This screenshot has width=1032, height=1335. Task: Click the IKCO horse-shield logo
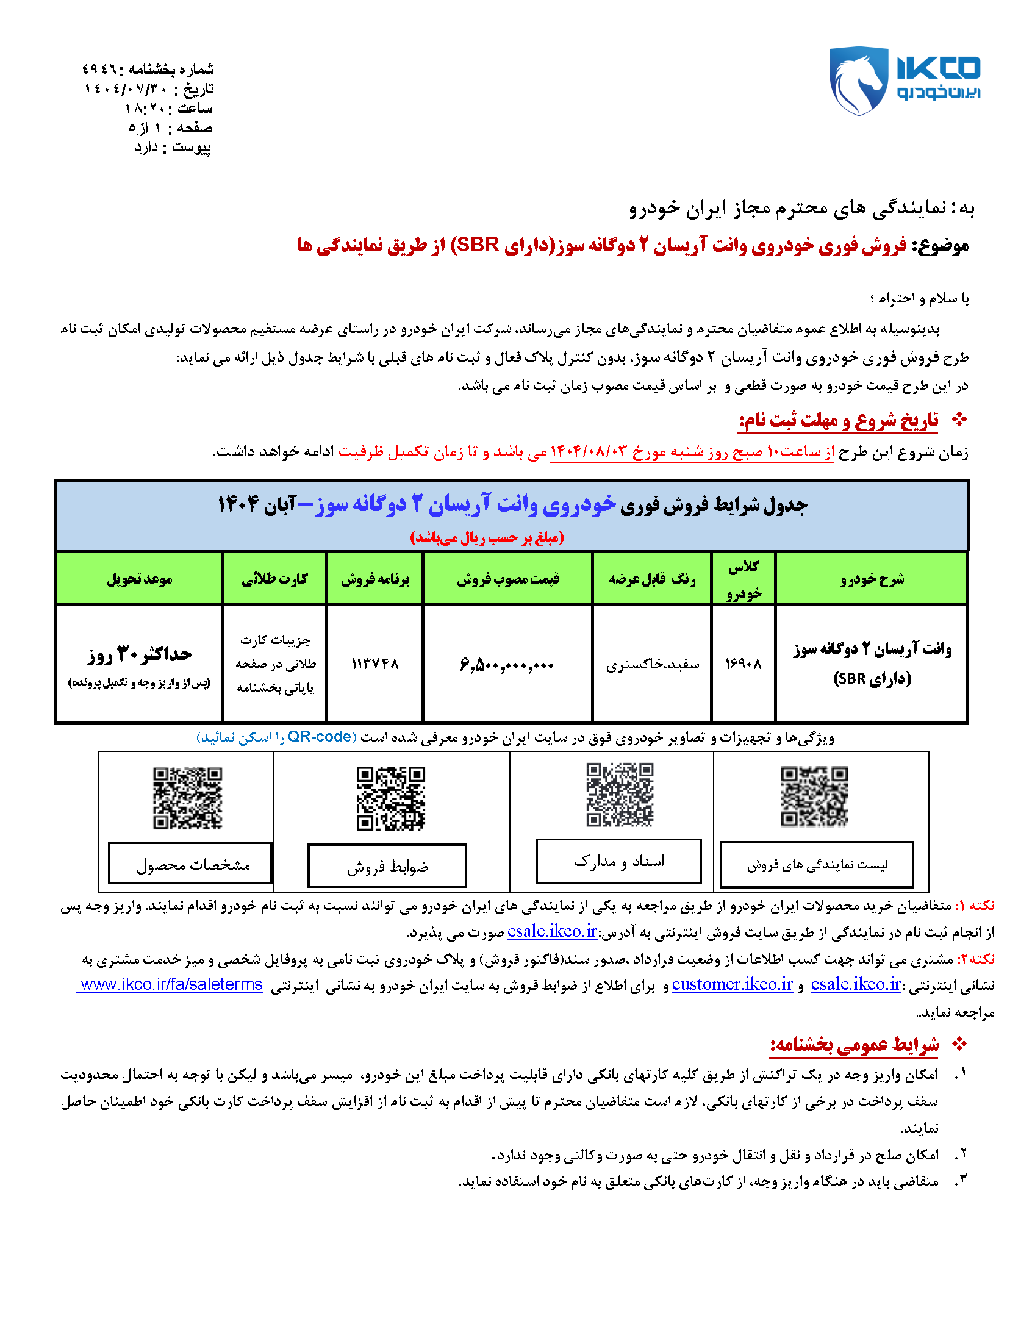[x=858, y=81]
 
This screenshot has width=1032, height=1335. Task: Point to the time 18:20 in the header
[x=143, y=109]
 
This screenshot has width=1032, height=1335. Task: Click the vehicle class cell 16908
[x=743, y=664]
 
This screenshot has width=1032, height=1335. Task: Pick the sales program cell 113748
[x=374, y=664]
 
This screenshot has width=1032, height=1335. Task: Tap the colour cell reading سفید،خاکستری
[x=653, y=664]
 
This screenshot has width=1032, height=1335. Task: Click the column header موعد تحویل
[x=140, y=579]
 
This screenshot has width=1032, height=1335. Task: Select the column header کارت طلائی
[x=274, y=579]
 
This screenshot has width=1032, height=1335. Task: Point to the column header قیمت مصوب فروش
[x=507, y=579]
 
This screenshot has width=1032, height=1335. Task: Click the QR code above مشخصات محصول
[x=187, y=798]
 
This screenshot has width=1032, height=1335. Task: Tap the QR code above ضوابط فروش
[x=391, y=798]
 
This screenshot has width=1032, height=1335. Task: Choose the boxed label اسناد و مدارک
[x=618, y=861]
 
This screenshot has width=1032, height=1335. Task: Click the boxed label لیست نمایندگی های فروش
[x=817, y=865]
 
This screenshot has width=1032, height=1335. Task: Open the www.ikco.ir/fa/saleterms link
[x=171, y=985]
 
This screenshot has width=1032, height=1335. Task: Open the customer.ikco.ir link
[x=732, y=985]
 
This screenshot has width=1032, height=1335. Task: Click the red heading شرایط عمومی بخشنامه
[x=854, y=1045]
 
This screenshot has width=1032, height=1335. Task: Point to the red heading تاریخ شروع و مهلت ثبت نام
[x=838, y=421]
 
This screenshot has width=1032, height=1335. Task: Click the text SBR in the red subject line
[x=478, y=245]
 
